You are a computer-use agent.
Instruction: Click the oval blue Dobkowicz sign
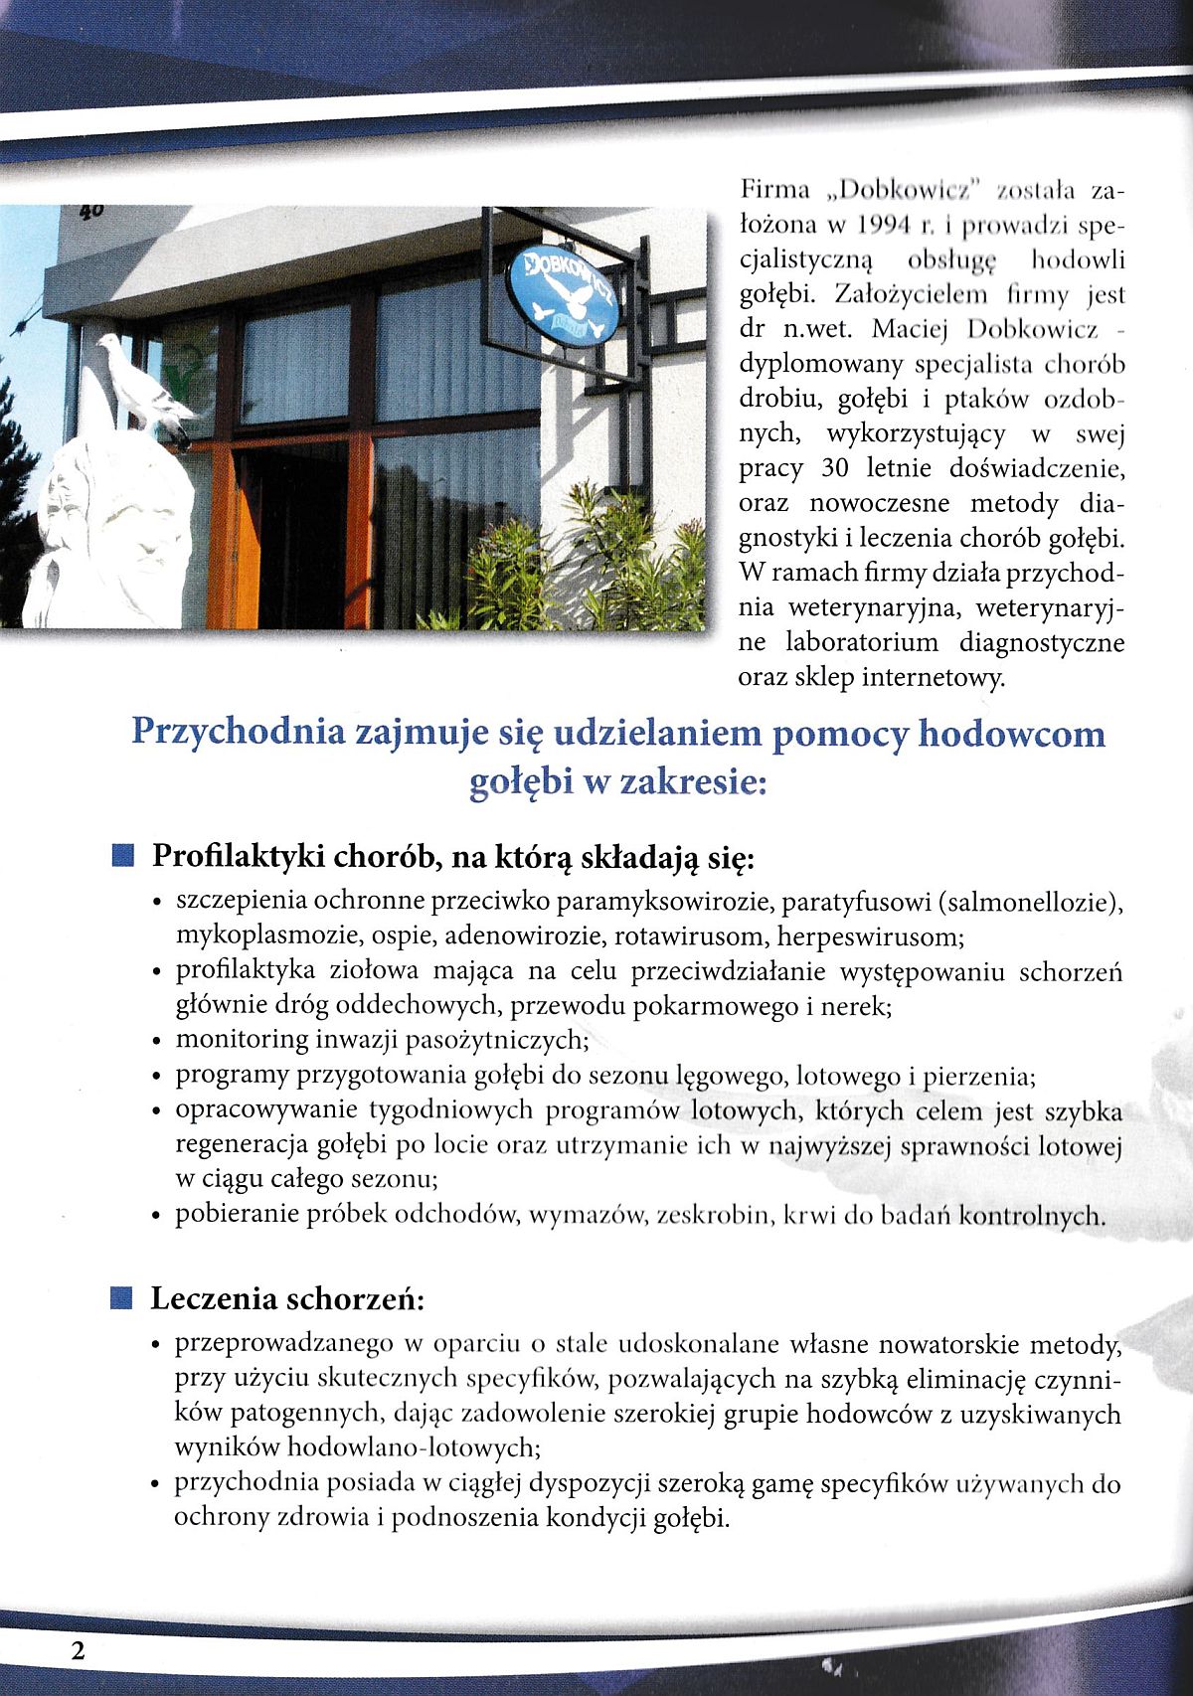563,294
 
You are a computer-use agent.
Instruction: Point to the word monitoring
243,1040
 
